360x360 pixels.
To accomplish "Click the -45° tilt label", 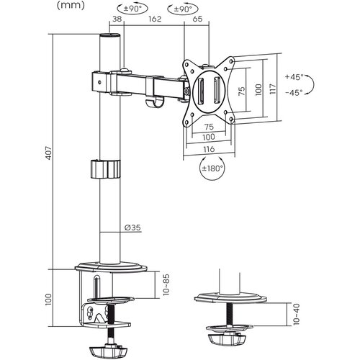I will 294,93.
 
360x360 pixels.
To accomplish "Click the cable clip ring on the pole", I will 106,170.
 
